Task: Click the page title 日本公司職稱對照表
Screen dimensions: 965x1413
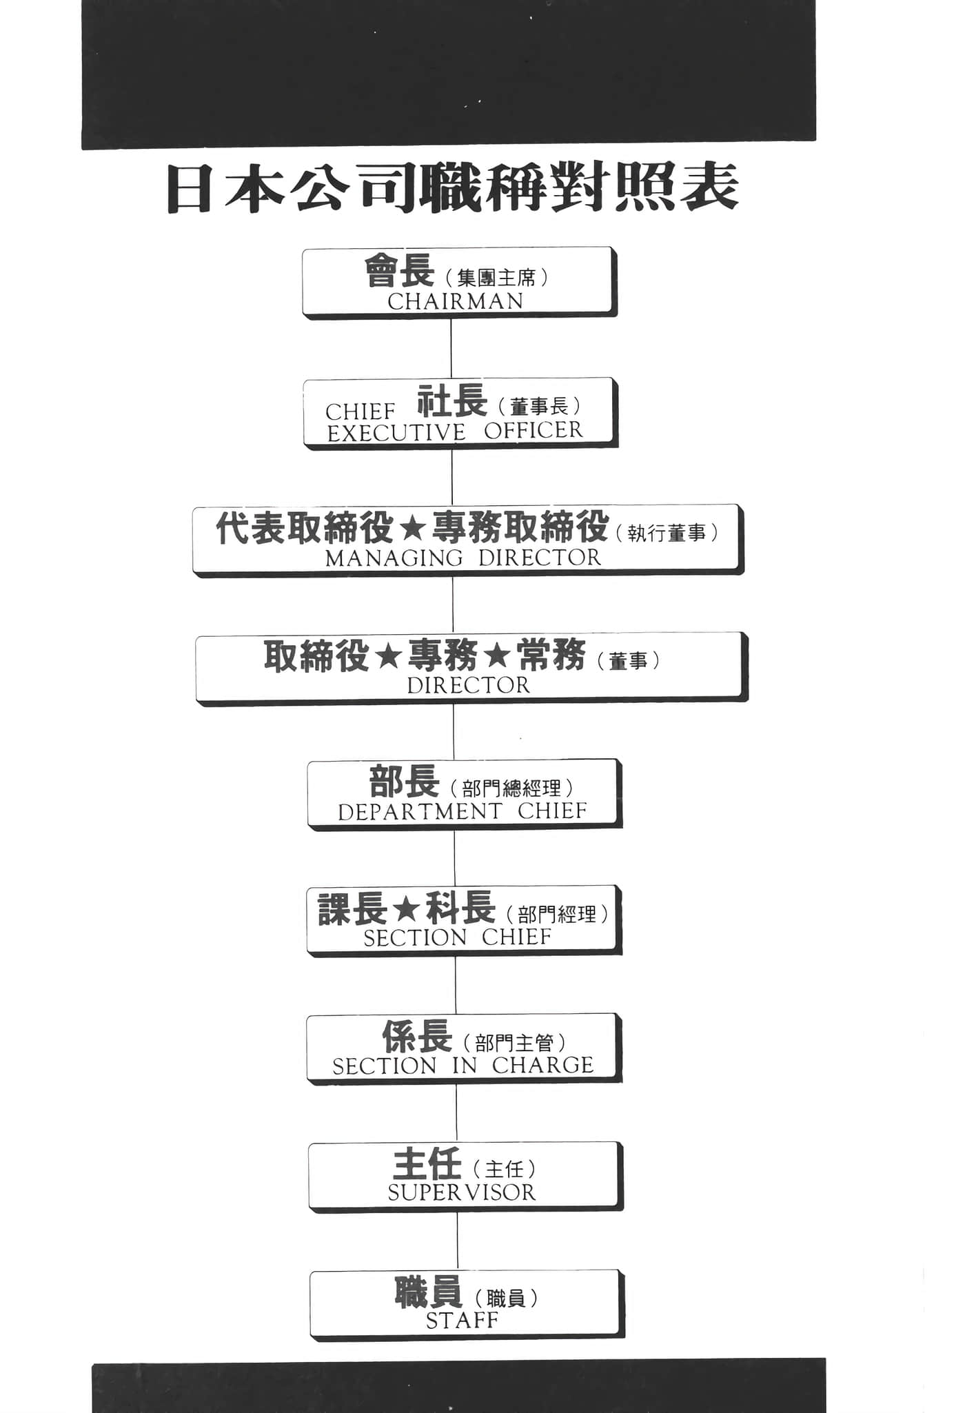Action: coord(453,187)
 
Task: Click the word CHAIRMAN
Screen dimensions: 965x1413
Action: coord(456,301)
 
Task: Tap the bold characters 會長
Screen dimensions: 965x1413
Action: coord(399,271)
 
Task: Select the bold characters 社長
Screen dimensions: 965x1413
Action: coord(452,400)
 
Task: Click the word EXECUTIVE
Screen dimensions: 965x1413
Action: coord(396,434)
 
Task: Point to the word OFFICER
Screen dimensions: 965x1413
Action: coord(534,431)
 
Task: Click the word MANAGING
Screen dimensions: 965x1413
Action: coord(394,558)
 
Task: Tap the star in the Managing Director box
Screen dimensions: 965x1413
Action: coord(412,529)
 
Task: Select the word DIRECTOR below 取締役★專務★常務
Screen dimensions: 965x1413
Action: coord(469,685)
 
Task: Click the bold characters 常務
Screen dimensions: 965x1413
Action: coord(551,655)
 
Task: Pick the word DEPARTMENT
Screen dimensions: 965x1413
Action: coord(420,812)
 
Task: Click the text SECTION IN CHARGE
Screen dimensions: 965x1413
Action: coord(463,1066)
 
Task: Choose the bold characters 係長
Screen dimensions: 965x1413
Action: coord(417,1036)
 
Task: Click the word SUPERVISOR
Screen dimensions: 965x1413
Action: coord(462,1193)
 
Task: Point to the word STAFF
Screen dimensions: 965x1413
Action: coord(462,1321)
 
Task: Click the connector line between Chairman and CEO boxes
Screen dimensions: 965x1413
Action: coord(451,348)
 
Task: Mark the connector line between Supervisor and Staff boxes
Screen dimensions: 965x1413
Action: coord(458,1241)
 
